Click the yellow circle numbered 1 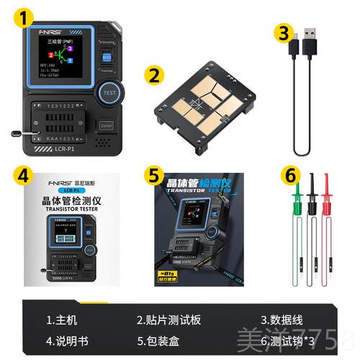[x=27, y=18]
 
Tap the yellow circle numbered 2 [x=153, y=74]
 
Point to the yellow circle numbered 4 [x=26, y=174]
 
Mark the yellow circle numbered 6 [x=289, y=174]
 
